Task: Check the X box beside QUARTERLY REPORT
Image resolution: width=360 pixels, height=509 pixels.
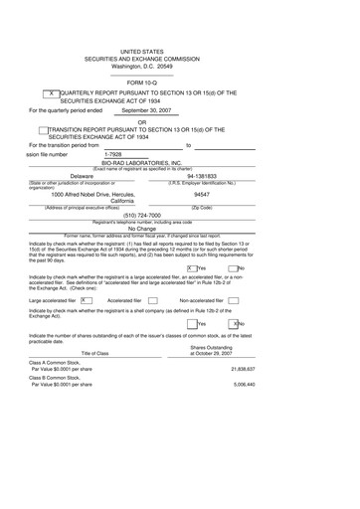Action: [x=53, y=91]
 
